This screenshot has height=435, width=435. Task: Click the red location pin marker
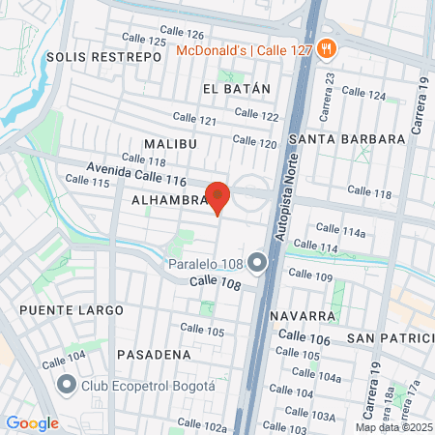[218, 197]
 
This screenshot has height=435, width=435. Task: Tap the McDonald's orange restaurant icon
[327, 48]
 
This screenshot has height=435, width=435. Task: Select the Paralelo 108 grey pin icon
[256, 262]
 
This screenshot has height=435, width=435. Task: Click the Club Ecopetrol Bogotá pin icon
[67, 386]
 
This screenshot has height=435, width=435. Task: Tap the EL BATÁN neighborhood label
[237, 88]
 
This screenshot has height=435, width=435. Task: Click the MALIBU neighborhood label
[170, 144]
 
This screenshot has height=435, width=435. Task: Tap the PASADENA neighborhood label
[154, 355]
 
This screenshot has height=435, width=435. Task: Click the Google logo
[32, 423]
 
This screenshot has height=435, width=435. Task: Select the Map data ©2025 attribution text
[393, 427]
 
